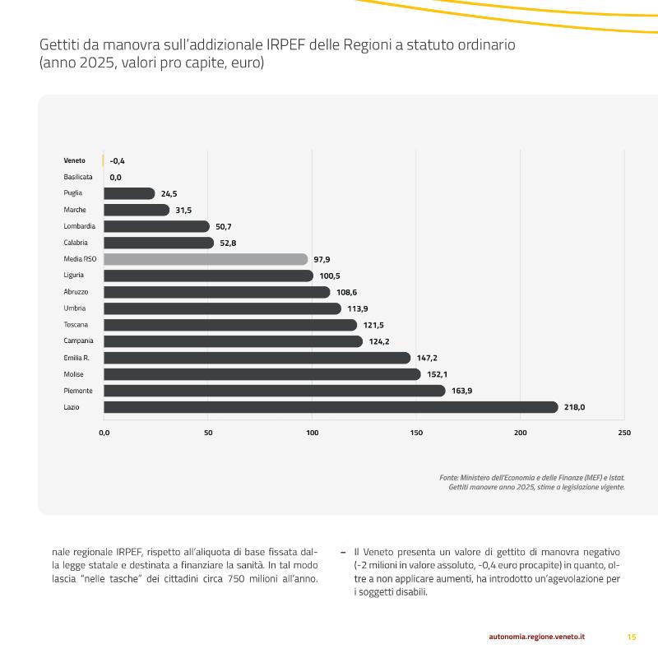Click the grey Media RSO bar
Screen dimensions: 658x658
206,259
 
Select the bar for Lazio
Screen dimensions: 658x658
331,407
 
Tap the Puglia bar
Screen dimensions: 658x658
129,193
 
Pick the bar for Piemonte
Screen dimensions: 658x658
275,391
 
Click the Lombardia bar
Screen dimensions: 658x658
156,226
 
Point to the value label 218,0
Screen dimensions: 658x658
574,407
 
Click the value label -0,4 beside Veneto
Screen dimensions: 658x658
117,160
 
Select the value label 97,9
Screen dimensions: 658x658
322,259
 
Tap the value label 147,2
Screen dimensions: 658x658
427,358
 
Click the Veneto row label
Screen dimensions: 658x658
74,160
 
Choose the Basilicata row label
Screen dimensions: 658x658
78,177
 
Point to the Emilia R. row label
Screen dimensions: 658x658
76,358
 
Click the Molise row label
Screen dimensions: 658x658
73,374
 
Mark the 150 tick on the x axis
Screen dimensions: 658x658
416,433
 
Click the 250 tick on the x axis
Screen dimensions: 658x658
624,433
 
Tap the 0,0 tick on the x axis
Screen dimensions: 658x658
104,433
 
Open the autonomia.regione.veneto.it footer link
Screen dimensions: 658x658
537,637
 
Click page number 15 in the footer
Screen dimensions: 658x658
632,637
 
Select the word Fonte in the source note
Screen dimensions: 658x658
448,478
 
